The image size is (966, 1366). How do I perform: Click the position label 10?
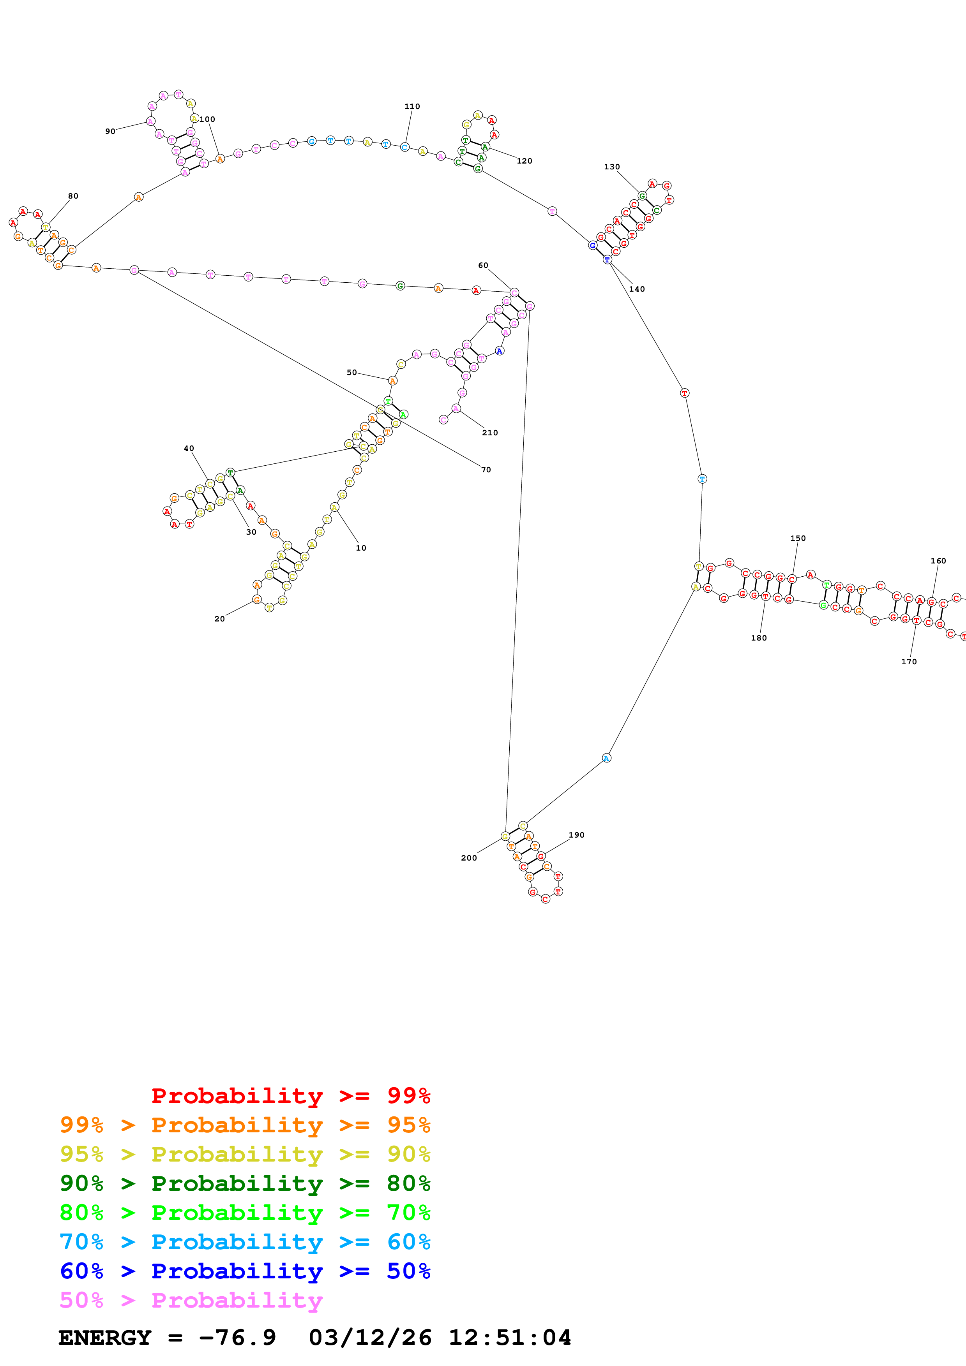point(361,548)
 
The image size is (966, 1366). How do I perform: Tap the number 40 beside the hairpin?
point(189,449)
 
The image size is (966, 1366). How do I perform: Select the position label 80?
point(72,196)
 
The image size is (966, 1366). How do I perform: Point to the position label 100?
point(207,119)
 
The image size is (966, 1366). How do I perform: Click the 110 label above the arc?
point(412,106)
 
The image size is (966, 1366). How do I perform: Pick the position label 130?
point(612,167)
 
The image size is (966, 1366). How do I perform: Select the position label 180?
point(758,638)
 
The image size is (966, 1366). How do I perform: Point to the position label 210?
point(490,433)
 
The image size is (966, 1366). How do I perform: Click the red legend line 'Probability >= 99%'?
point(290,1096)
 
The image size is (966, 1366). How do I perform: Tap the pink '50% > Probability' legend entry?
point(191,1300)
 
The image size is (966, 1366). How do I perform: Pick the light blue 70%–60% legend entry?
point(245,1242)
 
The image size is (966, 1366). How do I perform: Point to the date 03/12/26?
point(370,1338)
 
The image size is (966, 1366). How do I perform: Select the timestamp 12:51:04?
point(509,1338)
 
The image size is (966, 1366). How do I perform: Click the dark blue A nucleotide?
point(500,351)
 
